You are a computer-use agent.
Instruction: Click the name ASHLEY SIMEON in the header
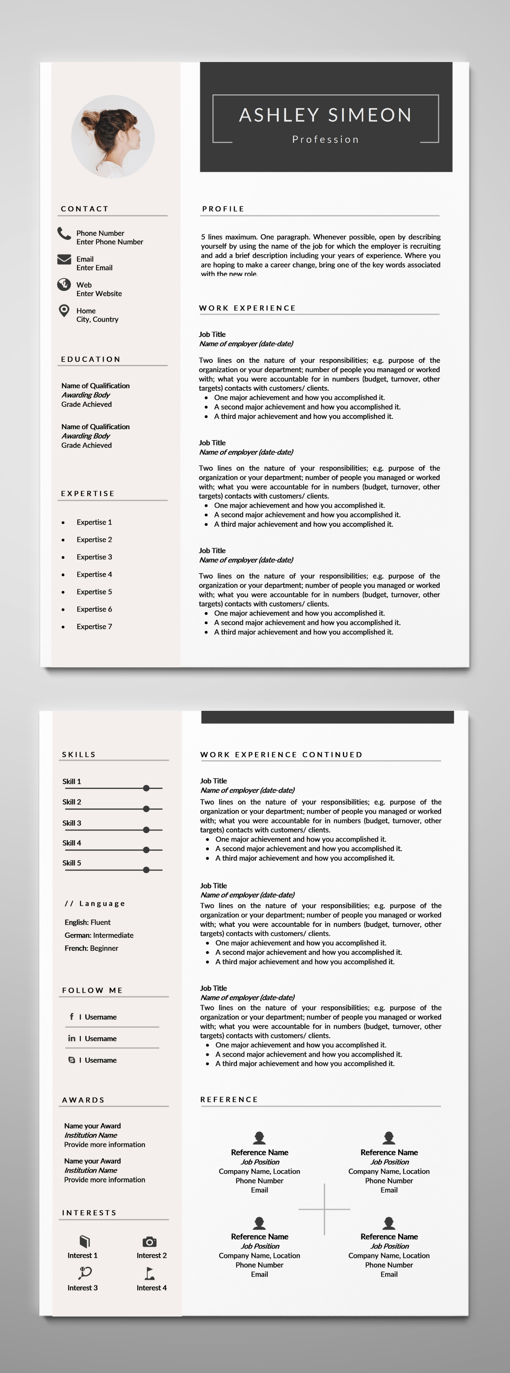coord(325,115)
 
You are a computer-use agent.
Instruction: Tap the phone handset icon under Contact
coord(64,233)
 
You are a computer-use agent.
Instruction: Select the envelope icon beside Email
coord(64,260)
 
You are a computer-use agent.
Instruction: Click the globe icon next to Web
coord(64,285)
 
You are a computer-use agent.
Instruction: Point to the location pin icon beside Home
coord(64,311)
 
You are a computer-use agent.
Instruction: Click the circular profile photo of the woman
coord(113,137)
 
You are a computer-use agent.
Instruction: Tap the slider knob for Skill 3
coord(146,830)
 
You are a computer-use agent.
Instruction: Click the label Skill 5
coord(72,863)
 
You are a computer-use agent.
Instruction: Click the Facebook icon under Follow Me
coord(71,1017)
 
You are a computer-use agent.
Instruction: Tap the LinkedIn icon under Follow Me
coord(71,1038)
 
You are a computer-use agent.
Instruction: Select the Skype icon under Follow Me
coord(71,1060)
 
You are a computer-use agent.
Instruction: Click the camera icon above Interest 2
coord(150,1242)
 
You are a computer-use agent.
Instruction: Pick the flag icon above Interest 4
coord(150,1274)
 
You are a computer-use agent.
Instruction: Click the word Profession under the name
coord(325,140)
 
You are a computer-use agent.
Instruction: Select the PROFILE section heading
coord(223,209)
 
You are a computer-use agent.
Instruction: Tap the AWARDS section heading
coord(84,1100)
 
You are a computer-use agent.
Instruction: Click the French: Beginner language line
coord(92,948)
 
